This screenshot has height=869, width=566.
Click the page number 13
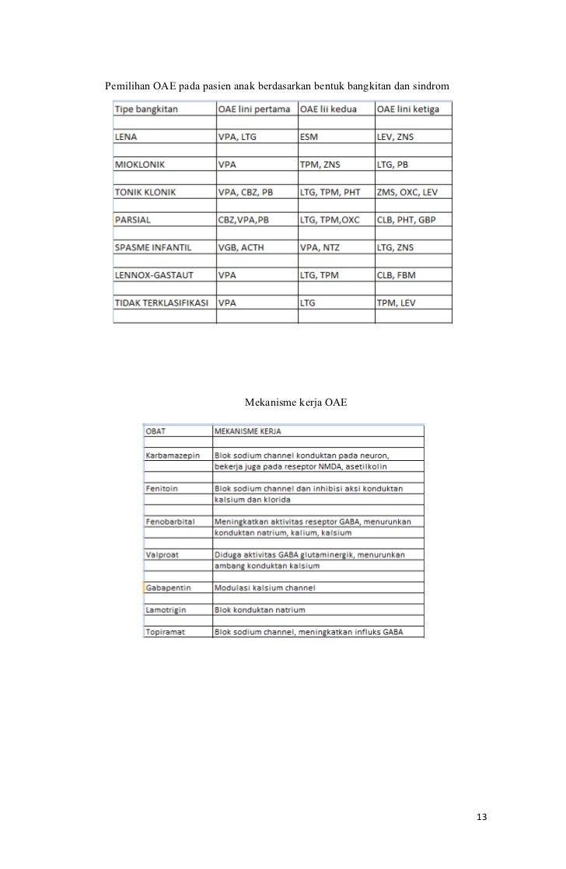(x=481, y=816)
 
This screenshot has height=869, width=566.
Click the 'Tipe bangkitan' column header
(x=146, y=110)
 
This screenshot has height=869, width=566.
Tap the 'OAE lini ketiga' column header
(x=408, y=110)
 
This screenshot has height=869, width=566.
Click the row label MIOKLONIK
(x=140, y=165)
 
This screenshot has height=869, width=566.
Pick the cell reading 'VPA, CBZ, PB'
(x=246, y=192)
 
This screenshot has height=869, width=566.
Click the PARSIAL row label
(x=133, y=220)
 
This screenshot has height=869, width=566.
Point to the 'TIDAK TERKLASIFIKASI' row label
(x=162, y=303)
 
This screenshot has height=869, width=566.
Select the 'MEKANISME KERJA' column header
(x=248, y=429)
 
